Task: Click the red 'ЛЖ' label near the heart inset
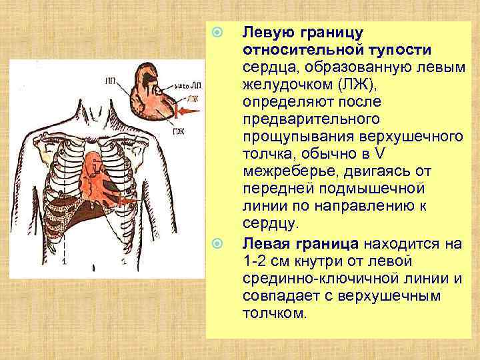193,99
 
